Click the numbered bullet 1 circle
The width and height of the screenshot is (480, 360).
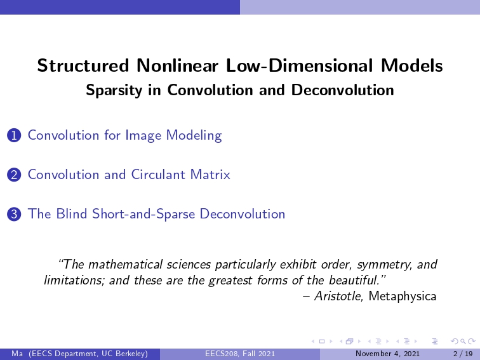14,136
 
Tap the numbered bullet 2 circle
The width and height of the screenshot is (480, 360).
14,175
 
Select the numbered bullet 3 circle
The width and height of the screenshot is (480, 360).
14,214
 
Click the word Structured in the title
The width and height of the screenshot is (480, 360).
83,65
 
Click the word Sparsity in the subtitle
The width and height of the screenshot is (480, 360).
114,91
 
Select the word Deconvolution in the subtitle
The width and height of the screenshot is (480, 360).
342,90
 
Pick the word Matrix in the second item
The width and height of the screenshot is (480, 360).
210,175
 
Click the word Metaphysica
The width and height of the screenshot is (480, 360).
403,296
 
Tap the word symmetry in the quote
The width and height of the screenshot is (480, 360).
384,265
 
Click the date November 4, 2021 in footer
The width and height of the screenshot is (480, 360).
387,354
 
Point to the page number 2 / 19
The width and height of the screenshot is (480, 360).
463,354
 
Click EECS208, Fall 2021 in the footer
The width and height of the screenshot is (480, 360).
240,354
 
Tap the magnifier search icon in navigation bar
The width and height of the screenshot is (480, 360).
463,342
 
